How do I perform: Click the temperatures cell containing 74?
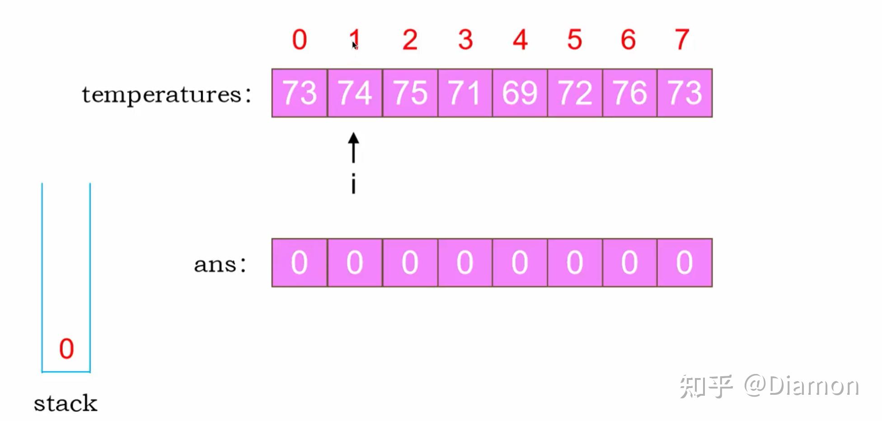[x=355, y=93]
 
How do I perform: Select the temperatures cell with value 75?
[x=410, y=93]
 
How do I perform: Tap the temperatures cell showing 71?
[x=465, y=93]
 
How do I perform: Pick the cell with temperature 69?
[x=520, y=93]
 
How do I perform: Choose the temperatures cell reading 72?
[x=575, y=93]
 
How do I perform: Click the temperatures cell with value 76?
[x=629, y=93]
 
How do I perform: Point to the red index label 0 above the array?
[x=300, y=40]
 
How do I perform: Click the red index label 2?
[x=410, y=40]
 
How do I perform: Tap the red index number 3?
[x=465, y=40]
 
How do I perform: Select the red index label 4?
[x=520, y=40]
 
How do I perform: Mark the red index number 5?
[x=575, y=40]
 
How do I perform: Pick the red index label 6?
[x=629, y=40]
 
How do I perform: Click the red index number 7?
[x=682, y=40]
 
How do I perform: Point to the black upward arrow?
[x=354, y=147]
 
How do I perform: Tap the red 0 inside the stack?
[x=66, y=349]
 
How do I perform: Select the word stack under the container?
[x=66, y=403]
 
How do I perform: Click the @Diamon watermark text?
[x=802, y=386]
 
